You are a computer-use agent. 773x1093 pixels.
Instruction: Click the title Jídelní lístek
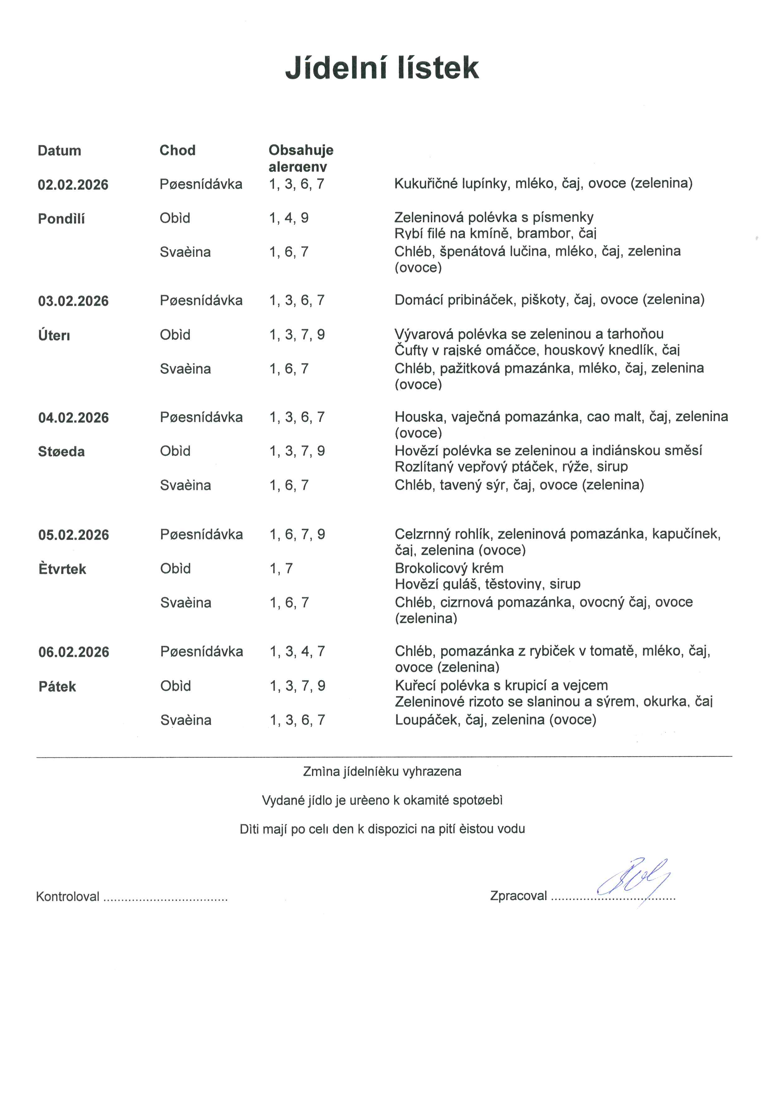point(382,68)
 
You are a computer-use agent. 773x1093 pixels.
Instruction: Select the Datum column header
point(60,151)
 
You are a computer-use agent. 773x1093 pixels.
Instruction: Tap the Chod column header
point(178,151)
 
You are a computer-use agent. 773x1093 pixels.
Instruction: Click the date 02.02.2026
point(73,185)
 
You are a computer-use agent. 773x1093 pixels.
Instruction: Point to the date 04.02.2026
point(74,418)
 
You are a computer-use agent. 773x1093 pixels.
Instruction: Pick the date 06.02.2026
point(74,652)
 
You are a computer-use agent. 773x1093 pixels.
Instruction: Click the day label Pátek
point(57,687)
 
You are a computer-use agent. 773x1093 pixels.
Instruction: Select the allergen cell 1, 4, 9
point(289,218)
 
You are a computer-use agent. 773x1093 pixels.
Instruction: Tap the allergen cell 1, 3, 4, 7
point(297,651)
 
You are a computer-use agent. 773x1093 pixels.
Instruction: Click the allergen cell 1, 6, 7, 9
point(297,534)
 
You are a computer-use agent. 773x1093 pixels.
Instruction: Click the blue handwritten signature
point(633,878)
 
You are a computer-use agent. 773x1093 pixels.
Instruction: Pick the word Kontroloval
point(68,897)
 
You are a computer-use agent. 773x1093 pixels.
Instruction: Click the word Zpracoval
point(518,896)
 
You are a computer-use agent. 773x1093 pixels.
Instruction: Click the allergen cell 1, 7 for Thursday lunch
point(281,568)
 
